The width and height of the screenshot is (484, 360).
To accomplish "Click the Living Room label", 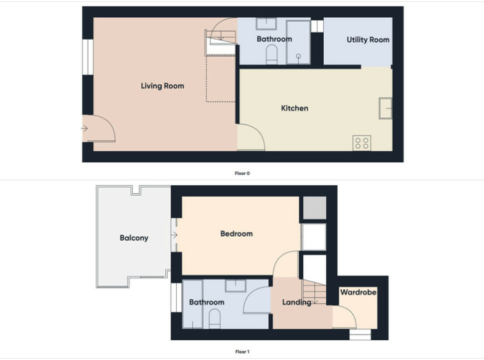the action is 162,86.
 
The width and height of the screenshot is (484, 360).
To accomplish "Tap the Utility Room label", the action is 368,40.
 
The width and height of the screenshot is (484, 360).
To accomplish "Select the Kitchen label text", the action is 294,108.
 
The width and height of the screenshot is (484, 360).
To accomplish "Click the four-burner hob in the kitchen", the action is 362,143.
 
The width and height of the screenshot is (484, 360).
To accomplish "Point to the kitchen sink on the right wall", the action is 385,109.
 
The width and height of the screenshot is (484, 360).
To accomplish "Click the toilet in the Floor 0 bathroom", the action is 271,55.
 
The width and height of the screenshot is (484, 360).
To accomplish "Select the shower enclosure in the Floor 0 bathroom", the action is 298,42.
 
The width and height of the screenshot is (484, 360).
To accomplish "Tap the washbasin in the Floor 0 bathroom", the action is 266,24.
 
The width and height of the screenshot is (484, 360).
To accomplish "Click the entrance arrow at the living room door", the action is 84,128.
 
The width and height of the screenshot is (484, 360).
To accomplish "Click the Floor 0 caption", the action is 242,174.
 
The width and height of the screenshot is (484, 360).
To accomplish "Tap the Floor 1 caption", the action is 242,352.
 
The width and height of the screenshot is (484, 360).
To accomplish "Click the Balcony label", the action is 134,238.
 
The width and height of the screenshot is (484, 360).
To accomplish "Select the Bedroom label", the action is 236,234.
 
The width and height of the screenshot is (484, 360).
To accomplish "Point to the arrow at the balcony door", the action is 174,235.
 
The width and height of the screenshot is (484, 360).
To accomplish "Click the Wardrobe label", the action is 358,292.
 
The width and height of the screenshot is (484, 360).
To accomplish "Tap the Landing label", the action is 297,302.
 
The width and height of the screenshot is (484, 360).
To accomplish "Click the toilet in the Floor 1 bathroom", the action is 215,319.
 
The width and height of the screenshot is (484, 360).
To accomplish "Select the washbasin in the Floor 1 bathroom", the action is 236,286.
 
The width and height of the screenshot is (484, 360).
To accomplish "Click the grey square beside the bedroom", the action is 314,208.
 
